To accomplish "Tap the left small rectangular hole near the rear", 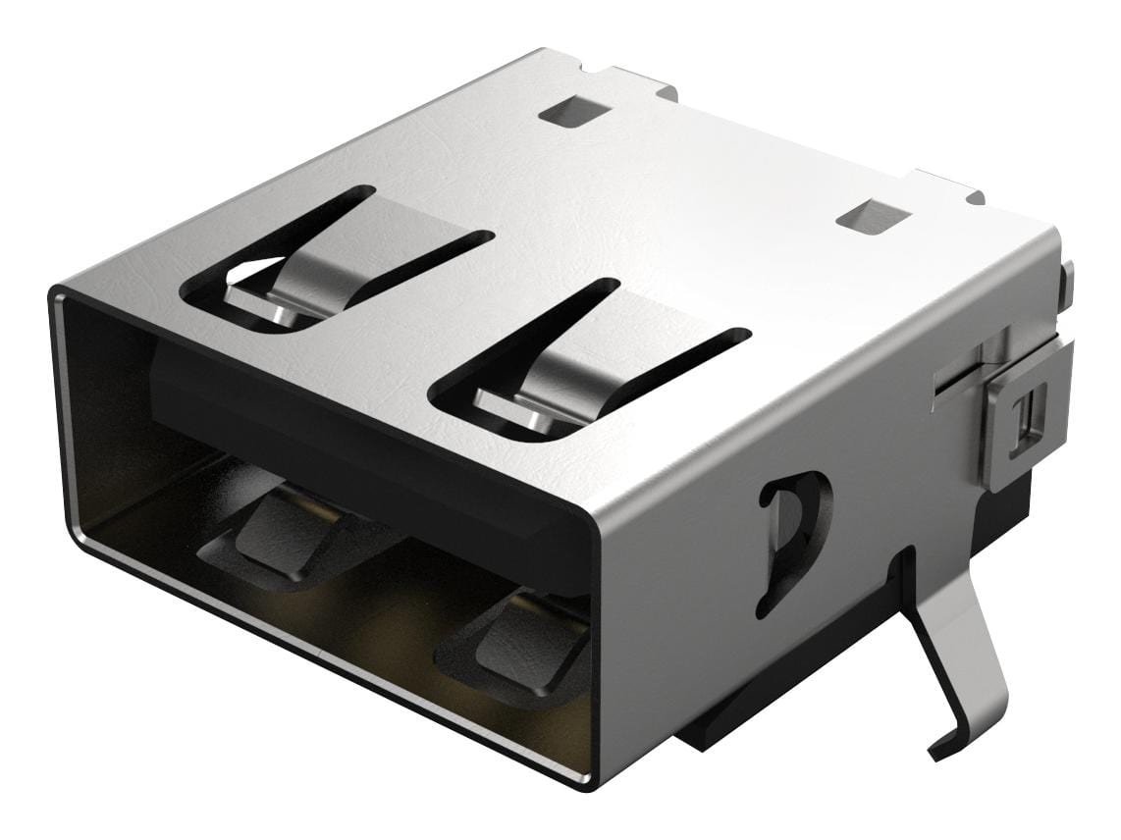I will point(569,114).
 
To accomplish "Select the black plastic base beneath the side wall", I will point(785,687).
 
